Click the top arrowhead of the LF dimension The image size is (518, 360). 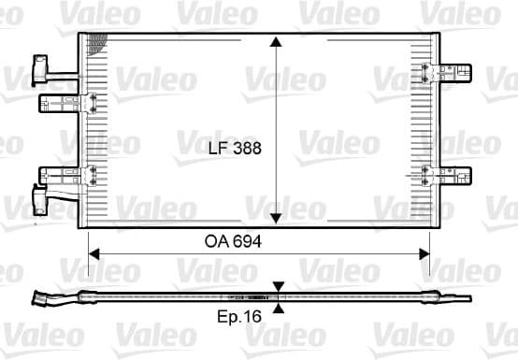click(x=275, y=43)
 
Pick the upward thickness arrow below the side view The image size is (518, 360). click(x=278, y=306)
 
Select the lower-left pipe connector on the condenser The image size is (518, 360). click(x=40, y=198)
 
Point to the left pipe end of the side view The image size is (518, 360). click(x=42, y=299)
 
